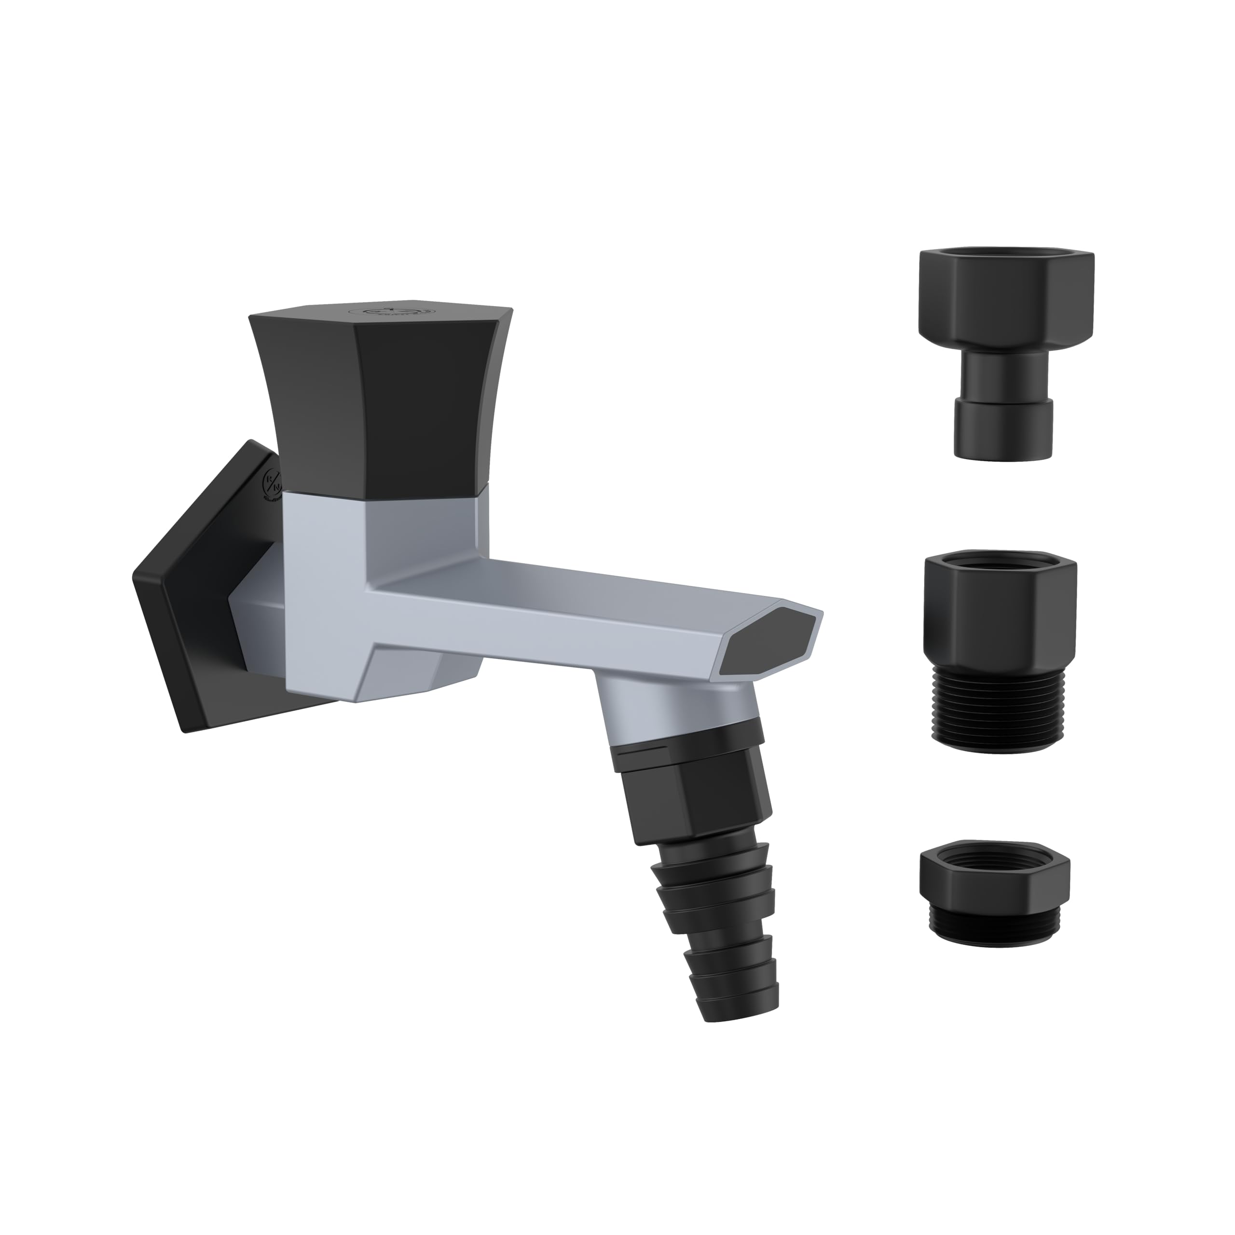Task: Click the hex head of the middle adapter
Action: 1001,607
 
